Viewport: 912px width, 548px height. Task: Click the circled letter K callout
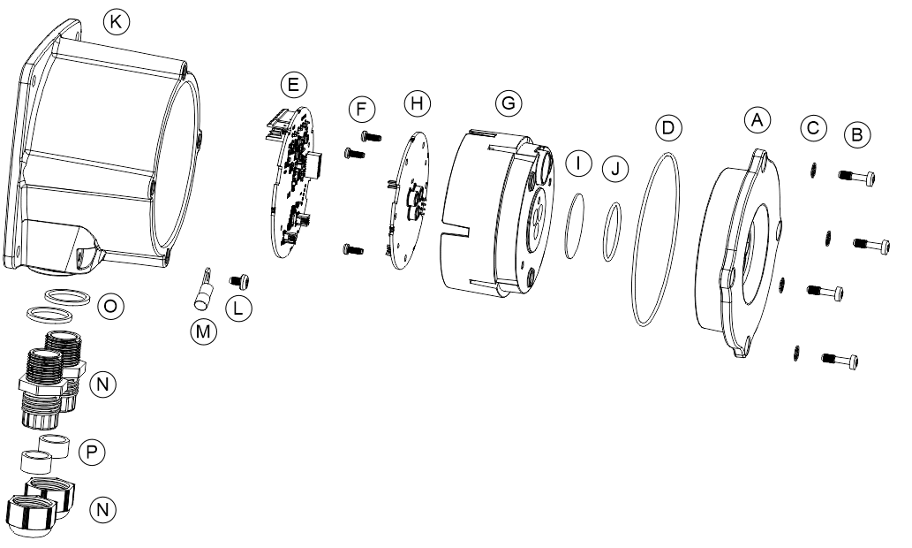tap(116, 21)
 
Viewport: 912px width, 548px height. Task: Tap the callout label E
tap(293, 84)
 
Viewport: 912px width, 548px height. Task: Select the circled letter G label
tap(509, 103)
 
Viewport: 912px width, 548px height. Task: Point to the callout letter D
tap(667, 127)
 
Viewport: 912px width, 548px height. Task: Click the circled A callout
tap(757, 120)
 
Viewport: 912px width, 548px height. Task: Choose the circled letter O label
tap(110, 307)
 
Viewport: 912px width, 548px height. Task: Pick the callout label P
tap(91, 452)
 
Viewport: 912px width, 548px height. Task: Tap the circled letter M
tap(203, 331)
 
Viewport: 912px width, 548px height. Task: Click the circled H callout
tap(417, 103)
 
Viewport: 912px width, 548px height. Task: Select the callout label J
tap(615, 170)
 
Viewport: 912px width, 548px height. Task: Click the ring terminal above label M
tap(202, 289)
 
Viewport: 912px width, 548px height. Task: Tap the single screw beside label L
tap(240, 281)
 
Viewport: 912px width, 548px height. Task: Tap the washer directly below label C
tap(814, 170)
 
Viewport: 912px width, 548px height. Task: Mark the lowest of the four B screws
tap(840, 361)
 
